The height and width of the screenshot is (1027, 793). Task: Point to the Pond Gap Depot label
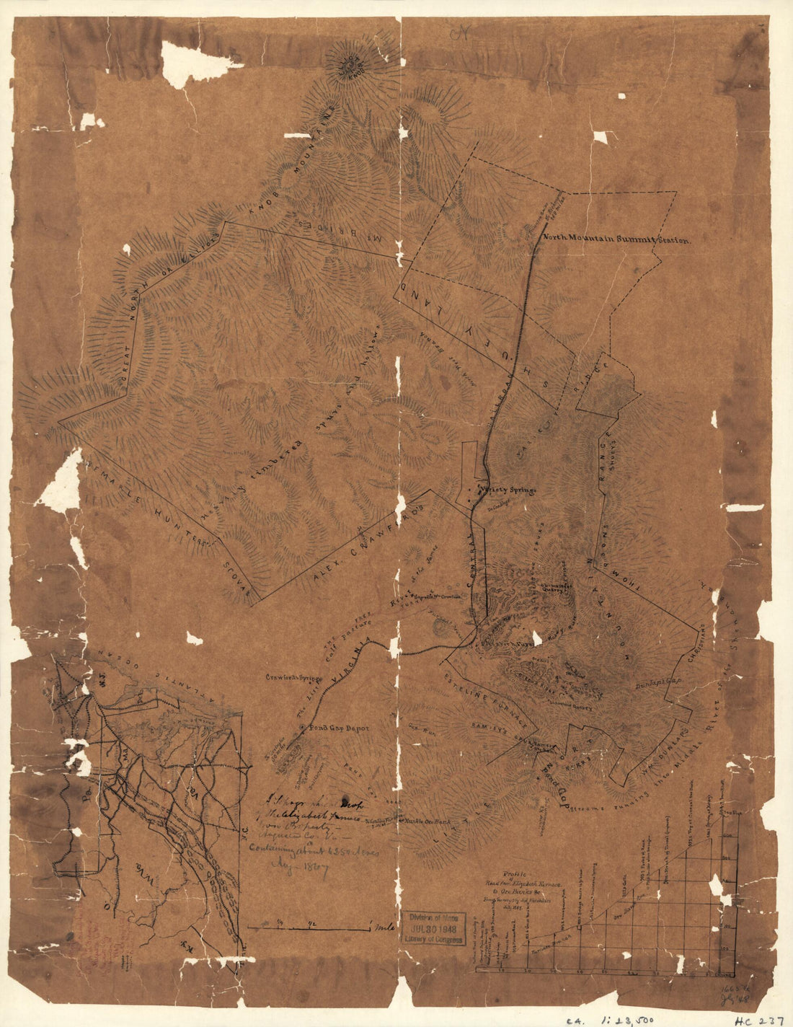339,728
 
